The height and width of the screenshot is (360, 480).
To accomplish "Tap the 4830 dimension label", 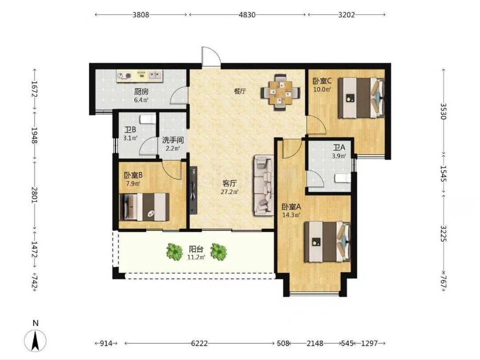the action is pos(247,15).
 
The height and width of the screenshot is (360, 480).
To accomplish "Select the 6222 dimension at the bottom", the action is pos(199,344).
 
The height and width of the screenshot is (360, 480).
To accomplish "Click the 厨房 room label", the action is pos(141,91).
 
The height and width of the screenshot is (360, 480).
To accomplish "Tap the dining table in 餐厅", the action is pos(280,92).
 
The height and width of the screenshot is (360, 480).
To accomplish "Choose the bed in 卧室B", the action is pos(144,207).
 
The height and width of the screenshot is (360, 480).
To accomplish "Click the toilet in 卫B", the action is pos(147,120).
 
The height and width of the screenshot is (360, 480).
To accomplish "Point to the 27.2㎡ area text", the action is pos(230,192).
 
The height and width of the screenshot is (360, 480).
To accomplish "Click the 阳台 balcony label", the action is pos(196,249).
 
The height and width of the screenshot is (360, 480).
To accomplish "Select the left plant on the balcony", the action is pos(175,252).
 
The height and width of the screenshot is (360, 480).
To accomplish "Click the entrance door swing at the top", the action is pos(211,56).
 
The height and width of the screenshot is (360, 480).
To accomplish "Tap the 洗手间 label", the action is pos(173,140).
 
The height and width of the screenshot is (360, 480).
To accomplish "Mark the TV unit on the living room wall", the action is pos(193,190).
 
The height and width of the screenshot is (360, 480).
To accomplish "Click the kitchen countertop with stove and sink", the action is pos(140,76).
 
